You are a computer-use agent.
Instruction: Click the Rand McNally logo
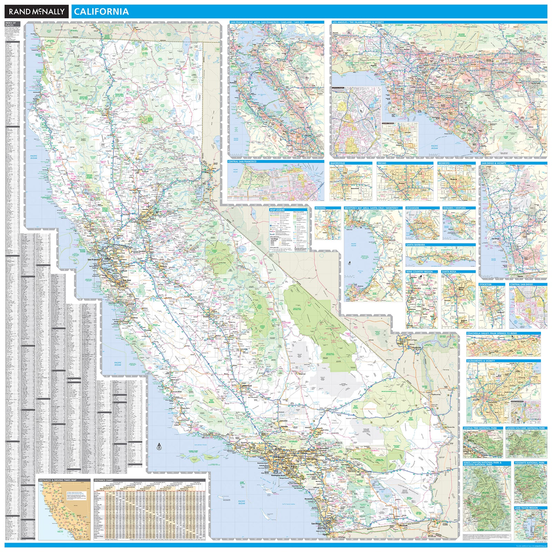pos(37,12)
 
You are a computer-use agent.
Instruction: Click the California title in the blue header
pos(101,12)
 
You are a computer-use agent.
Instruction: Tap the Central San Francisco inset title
pos(242,161)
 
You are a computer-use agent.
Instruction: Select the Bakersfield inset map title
pos(337,163)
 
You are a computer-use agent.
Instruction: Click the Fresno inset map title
pos(382,163)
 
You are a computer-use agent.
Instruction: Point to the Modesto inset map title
pos(444,163)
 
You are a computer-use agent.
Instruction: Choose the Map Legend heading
pos(277,210)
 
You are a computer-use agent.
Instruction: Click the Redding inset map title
pos(320,208)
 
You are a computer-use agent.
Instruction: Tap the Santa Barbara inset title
pos(415,245)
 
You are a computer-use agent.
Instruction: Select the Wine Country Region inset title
pos(419,272)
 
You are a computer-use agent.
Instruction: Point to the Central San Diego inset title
pos(521,284)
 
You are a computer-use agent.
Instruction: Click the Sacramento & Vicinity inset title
pos(481,361)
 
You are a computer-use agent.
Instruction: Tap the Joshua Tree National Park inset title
pos(480,428)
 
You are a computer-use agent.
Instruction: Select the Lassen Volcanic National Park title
pos(525,428)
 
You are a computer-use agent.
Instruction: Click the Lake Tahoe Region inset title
pos(526,508)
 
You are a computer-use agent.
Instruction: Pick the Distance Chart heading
pos(104,480)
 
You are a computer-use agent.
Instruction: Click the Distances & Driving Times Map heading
pos(58,480)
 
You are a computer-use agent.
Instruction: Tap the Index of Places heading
pos(10,24)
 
